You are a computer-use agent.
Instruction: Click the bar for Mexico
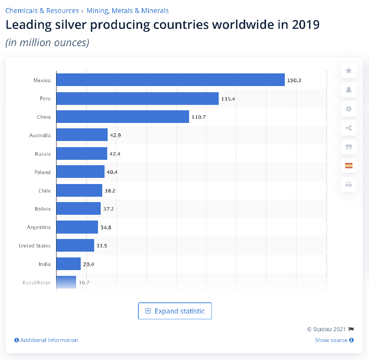(x=170, y=80)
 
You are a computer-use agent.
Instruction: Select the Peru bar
(x=137, y=98)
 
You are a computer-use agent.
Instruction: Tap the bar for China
(x=123, y=117)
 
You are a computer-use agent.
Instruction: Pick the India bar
(x=68, y=264)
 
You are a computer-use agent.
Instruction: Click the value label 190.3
(x=294, y=80)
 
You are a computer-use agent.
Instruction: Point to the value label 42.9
(x=115, y=136)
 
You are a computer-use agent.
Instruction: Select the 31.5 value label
(x=101, y=246)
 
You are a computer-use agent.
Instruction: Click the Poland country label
(x=42, y=172)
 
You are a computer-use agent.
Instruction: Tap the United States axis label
(x=35, y=246)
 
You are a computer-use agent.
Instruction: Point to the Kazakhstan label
(x=37, y=283)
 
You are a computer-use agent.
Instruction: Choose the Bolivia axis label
(x=42, y=209)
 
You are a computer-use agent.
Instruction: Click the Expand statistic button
(x=175, y=311)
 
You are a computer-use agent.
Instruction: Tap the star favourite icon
(x=349, y=71)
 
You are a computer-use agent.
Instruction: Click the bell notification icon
(x=349, y=90)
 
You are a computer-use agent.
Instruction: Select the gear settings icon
(x=349, y=109)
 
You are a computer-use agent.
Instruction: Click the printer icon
(x=349, y=184)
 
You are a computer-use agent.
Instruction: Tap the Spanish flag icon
(x=349, y=166)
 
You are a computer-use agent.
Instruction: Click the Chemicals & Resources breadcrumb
(x=42, y=11)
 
